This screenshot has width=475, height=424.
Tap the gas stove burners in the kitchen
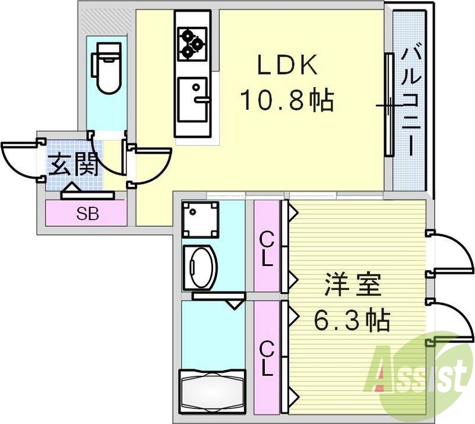(191, 43)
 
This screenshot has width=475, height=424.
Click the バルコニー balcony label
(410, 101)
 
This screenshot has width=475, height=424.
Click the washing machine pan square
(201, 219)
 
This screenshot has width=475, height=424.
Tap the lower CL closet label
(267, 359)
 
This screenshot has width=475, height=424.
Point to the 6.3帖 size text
(351, 321)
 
